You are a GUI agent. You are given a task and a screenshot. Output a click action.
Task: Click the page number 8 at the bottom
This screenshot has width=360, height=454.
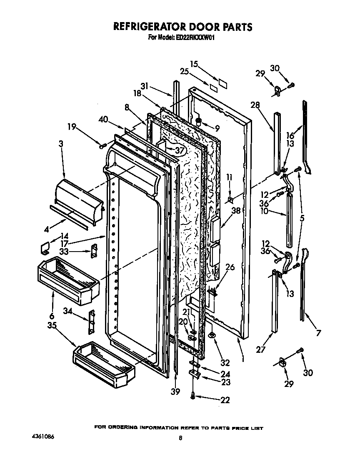pyautogui.click(x=180, y=438)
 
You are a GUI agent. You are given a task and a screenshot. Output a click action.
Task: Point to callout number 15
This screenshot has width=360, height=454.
pyautogui.click(x=194, y=64)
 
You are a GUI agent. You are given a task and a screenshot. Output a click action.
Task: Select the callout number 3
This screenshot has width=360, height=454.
pyautogui.click(x=61, y=144)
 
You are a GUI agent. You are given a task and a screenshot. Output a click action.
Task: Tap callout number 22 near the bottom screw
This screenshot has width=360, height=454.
pyautogui.click(x=225, y=400)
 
